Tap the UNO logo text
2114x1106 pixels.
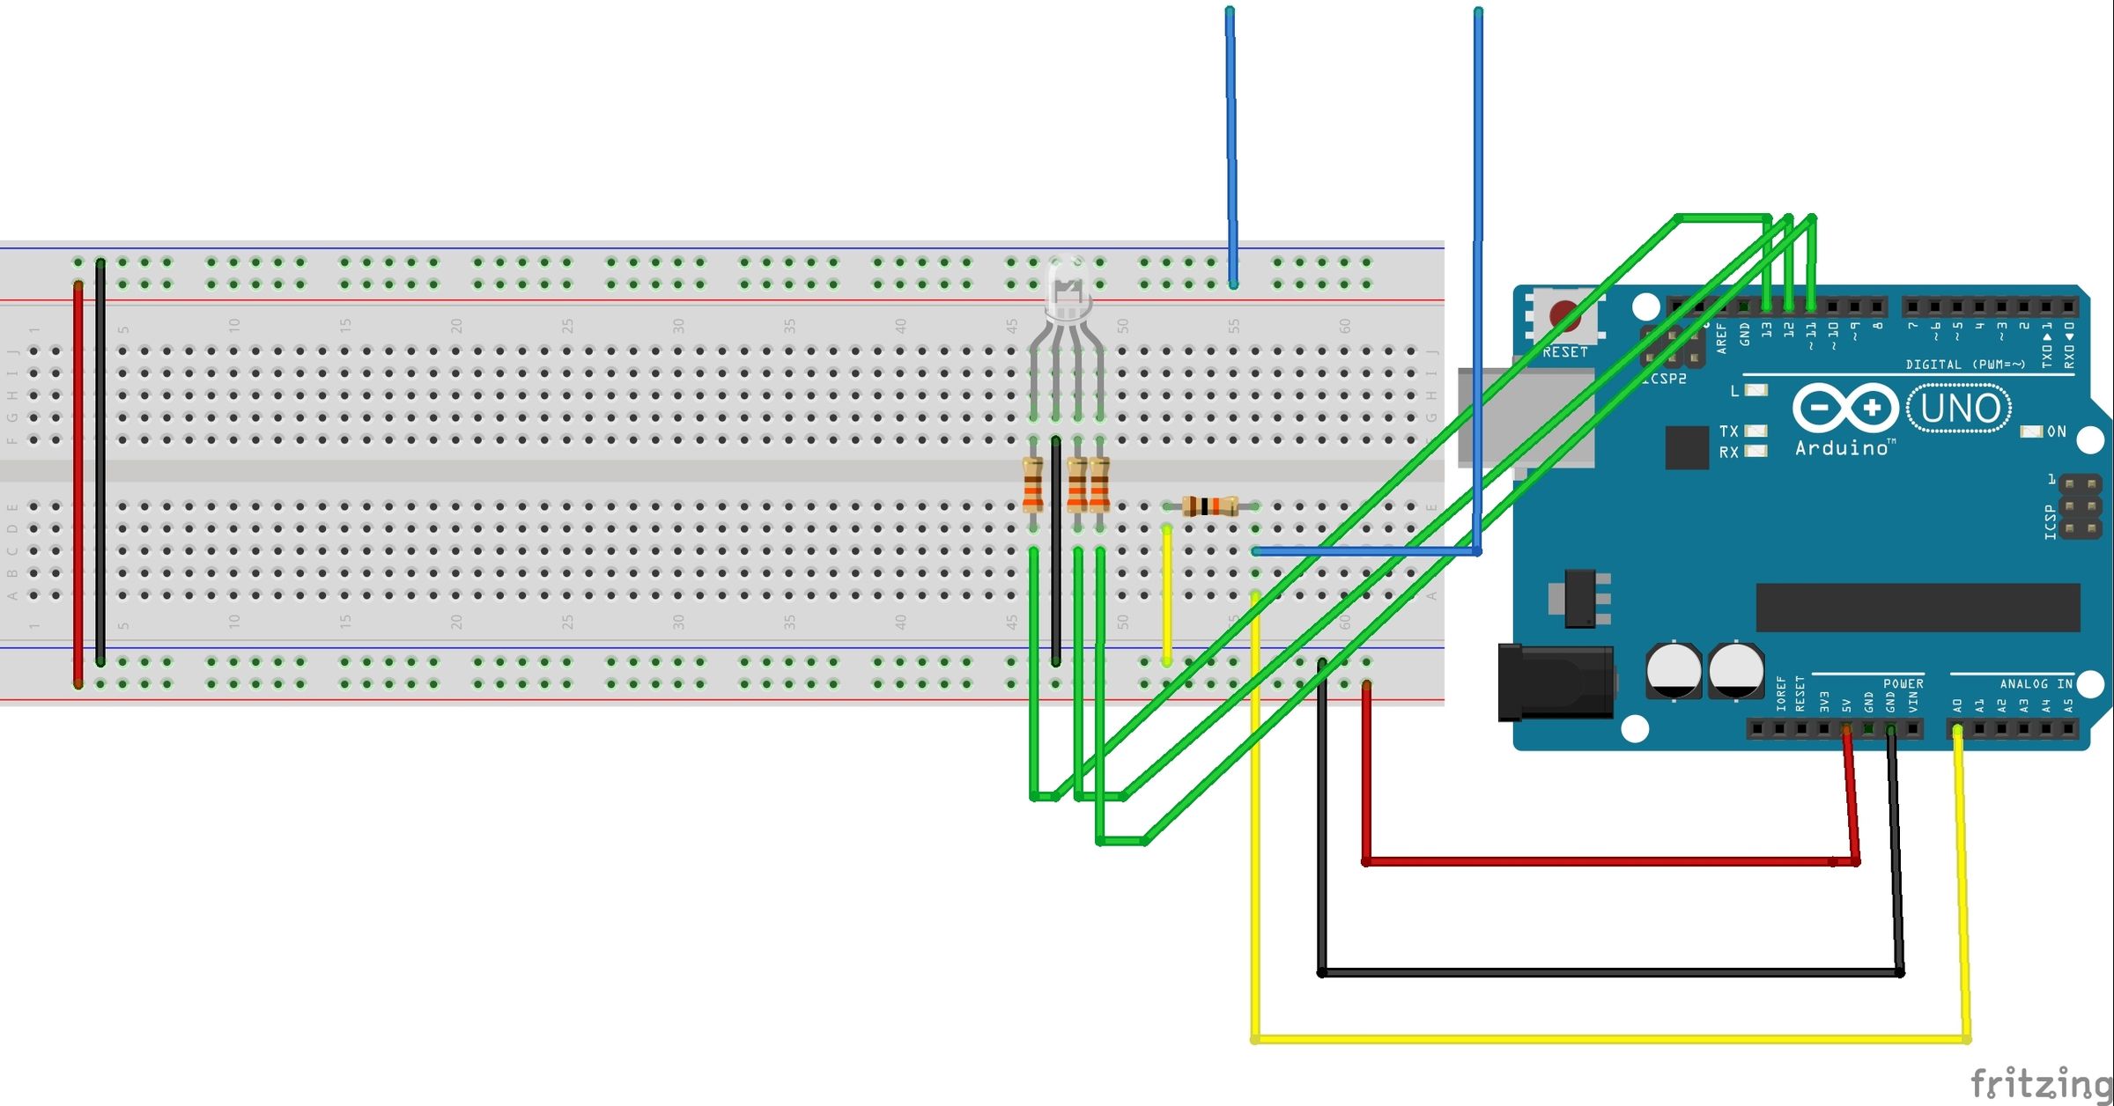[1959, 409]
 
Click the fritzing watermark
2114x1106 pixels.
[2040, 1082]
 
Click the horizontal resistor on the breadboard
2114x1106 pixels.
[1210, 506]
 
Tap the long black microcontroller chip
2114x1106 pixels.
[1918, 607]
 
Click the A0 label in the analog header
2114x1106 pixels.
[1957, 706]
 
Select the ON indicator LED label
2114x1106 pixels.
[2056, 431]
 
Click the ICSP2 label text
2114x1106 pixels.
[1664, 379]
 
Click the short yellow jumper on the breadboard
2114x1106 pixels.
[1167, 594]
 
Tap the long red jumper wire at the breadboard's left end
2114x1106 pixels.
[78, 484]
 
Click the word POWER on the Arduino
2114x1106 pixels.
[1903, 683]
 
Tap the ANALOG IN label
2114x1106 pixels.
[2036, 683]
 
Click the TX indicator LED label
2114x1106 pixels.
[1729, 431]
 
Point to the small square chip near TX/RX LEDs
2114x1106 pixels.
[1687, 447]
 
